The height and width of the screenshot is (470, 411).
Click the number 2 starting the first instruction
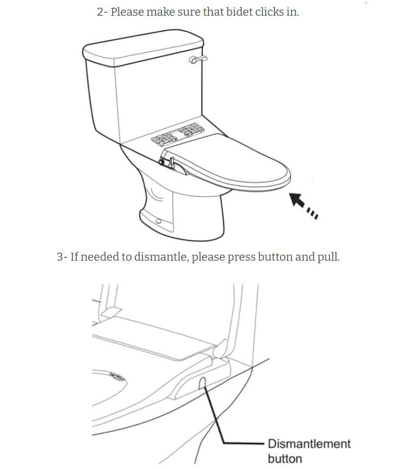100,12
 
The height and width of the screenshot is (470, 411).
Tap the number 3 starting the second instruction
60,257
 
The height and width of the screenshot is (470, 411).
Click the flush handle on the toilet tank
198,59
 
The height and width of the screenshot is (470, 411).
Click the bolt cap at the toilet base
158,221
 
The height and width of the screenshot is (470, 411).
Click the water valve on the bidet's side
168,162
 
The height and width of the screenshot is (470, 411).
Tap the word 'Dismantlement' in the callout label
309,444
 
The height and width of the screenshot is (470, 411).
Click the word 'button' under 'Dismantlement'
285,459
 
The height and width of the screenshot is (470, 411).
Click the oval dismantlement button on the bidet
202,383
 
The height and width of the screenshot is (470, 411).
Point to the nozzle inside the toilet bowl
118,377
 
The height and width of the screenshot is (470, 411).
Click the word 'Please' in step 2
127,12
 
